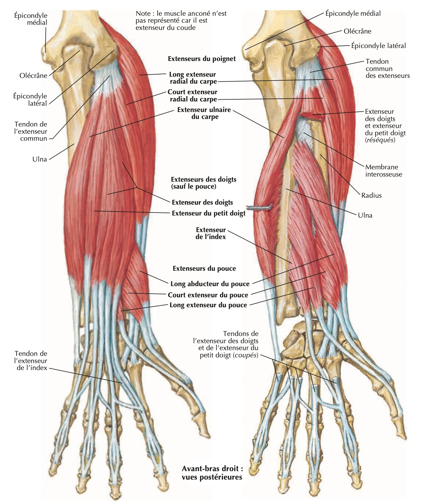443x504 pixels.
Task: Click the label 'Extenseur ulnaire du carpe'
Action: (x=204, y=113)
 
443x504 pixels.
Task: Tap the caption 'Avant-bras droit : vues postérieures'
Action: (x=212, y=473)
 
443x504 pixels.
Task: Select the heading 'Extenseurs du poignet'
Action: (x=202, y=59)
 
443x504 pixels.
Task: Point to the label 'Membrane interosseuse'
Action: (x=384, y=171)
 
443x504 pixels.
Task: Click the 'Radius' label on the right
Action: (x=371, y=195)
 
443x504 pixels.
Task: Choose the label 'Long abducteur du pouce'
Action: (x=210, y=284)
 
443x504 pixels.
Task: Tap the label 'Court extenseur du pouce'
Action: (x=208, y=295)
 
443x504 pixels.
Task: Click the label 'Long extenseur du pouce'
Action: (x=208, y=305)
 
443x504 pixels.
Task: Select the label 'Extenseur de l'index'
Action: (x=211, y=233)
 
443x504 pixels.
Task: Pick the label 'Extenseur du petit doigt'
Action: (x=209, y=213)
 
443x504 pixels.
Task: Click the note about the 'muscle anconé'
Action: (x=181, y=21)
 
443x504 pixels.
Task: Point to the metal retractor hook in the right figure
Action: (x=259, y=208)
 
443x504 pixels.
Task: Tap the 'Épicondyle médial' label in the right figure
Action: (x=353, y=14)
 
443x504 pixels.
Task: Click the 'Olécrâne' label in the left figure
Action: (x=33, y=75)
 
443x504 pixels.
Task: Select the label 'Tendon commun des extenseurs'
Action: (x=388, y=69)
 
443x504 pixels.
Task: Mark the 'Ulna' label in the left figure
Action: (x=40, y=159)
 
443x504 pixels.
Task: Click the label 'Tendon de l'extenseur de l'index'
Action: (x=31, y=360)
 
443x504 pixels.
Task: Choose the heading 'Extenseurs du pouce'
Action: (x=204, y=269)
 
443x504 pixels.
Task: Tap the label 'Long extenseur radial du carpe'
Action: (x=193, y=78)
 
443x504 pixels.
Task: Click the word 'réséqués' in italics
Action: (x=380, y=140)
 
